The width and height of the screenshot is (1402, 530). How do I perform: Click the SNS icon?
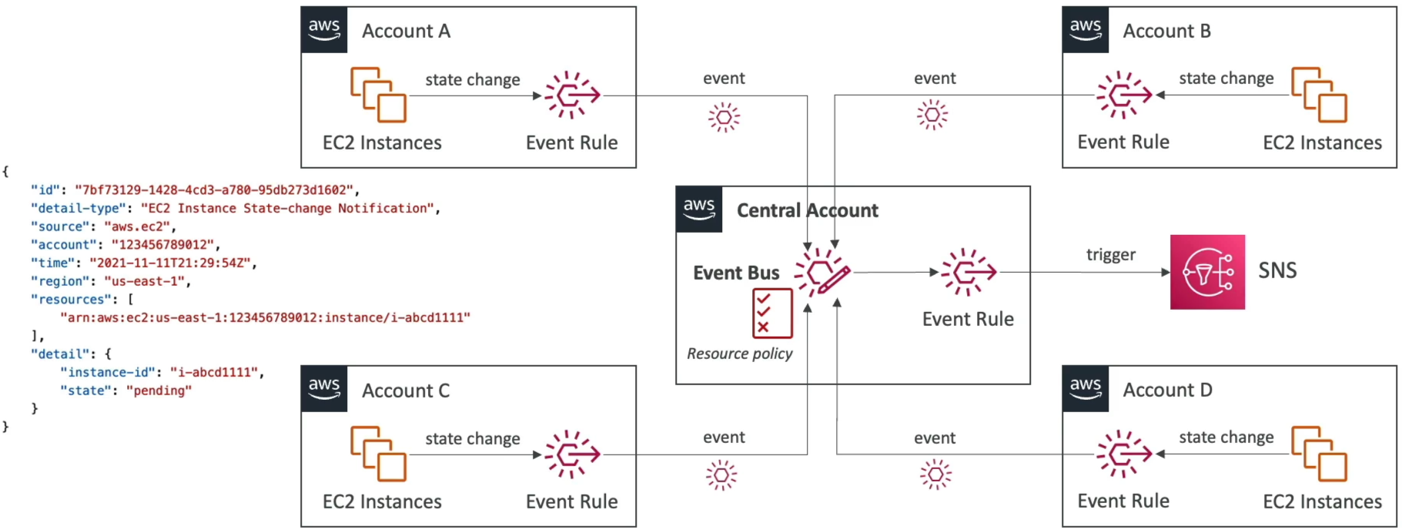[1207, 272]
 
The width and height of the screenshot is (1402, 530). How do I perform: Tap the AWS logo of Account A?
[324, 30]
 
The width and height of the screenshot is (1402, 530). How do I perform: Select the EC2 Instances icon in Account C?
[378, 454]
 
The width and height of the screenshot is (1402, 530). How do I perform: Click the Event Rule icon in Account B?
[1124, 96]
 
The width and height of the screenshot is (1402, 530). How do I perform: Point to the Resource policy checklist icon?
[772, 314]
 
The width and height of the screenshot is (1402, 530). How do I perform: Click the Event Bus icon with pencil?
[822, 272]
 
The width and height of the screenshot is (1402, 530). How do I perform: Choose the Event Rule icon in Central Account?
[969, 272]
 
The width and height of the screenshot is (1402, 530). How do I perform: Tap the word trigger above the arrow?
[1110, 255]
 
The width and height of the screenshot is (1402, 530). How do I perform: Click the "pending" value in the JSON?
[159, 391]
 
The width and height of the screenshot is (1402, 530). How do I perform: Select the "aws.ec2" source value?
[136, 226]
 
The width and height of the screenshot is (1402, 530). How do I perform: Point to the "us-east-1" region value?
[145, 281]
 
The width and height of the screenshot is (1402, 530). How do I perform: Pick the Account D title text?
[1167, 391]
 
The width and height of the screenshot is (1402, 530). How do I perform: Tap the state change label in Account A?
[473, 80]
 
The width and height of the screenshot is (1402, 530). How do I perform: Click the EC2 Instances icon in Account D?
[1319, 454]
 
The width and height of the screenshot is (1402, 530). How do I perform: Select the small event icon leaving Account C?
[721, 475]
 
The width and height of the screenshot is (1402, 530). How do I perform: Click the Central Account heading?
[808, 210]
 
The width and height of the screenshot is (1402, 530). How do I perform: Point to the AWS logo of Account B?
[1086, 30]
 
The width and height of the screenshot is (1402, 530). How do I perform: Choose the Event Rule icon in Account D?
[1124, 455]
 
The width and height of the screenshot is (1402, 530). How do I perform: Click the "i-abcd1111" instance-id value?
[213, 372]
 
